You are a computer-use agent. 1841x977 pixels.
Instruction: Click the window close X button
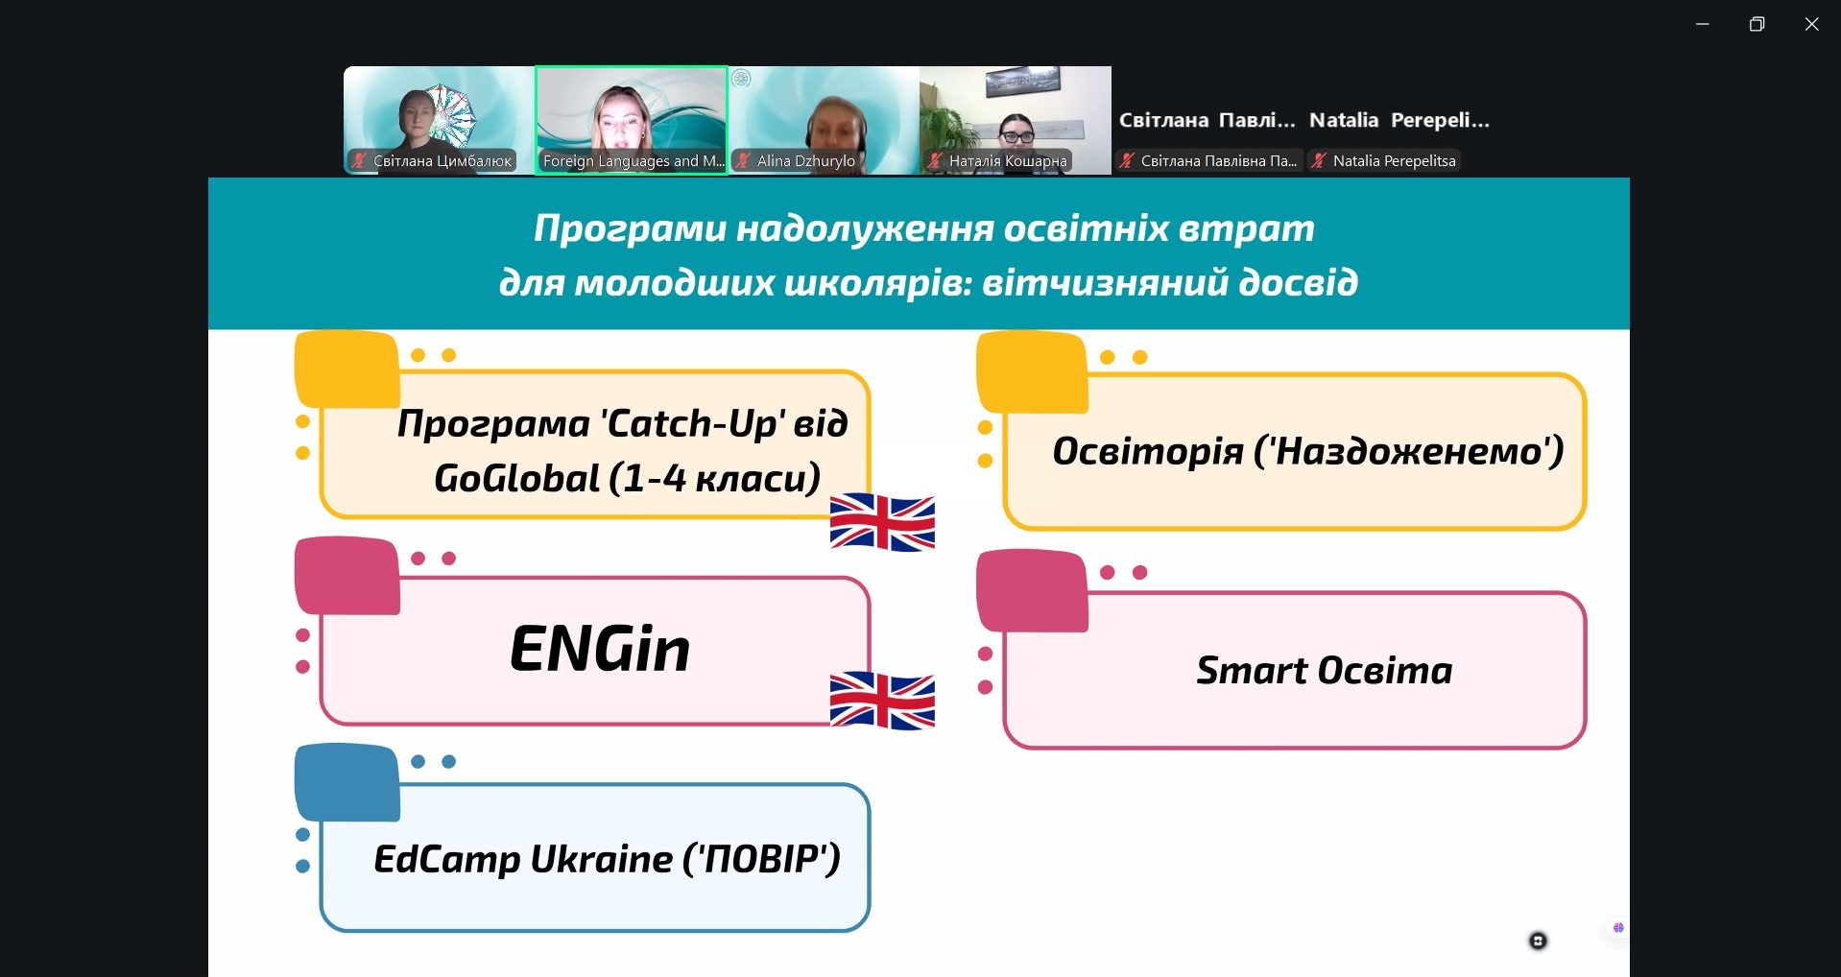point(1811,24)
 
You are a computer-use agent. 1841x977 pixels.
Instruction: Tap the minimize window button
point(1703,24)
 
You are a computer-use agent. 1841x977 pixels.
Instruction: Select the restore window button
point(1757,24)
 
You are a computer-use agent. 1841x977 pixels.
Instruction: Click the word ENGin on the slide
point(600,649)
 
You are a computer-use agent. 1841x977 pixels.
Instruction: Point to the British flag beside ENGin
point(882,701)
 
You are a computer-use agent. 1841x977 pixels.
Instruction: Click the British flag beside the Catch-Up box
point(882,522)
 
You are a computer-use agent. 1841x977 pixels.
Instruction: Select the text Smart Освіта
point(1324,670)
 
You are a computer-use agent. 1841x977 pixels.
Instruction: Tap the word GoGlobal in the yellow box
point(516,478)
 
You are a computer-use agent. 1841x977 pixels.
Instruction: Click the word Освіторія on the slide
point(1148,450)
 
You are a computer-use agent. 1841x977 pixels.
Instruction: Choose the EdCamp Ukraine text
point(523,859)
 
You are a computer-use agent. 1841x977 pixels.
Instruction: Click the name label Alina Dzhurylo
point(805,161)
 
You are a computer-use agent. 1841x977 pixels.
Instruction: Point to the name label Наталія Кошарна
point(1008,161)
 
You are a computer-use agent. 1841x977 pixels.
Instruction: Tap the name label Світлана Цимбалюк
point(442,161)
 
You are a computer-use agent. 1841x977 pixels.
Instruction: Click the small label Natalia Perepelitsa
point(1394,161)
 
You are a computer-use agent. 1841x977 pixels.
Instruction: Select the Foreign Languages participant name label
point(634,161)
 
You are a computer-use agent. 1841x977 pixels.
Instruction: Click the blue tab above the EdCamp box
point(347,782)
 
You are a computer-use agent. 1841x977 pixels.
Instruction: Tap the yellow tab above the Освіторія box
point(1032,372)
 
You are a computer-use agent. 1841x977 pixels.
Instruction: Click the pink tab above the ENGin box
point(347,576)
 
